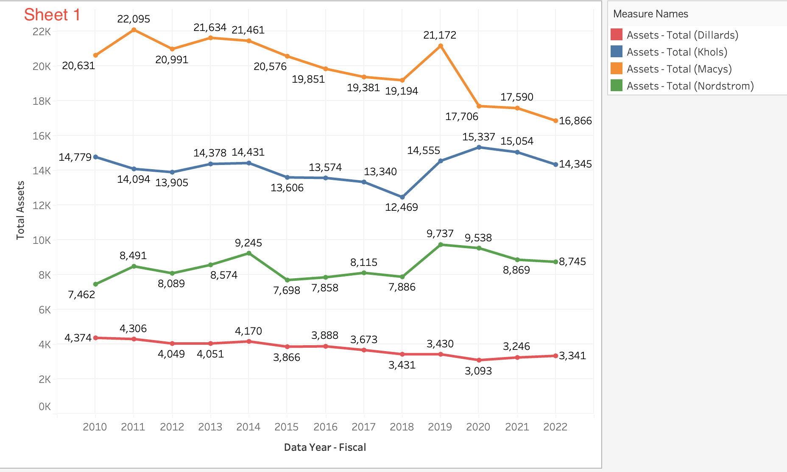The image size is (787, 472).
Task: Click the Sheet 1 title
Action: coord(52,15)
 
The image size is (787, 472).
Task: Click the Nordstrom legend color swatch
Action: coord(616,86)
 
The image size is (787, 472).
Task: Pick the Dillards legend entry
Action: coord(682,35)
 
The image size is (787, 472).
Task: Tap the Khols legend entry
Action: coord(677,52)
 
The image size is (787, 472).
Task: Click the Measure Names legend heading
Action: coord(650,14)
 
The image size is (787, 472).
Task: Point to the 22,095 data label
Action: coord(134,19)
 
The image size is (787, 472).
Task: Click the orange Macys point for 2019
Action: coord(441,46)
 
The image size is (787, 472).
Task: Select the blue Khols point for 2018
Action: coord(402,197)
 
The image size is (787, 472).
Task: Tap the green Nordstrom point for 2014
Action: coord(249,253)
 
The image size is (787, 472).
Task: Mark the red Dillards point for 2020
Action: coord(479,360)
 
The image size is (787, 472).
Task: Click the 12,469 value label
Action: coord(402,207)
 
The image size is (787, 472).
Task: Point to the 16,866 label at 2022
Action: coord(575,121)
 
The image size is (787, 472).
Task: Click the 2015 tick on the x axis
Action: coord(287,427)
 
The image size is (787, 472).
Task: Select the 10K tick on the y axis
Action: coord(42,240)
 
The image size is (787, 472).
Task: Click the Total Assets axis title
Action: coord(20,210)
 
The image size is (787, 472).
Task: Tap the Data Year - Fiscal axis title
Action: coord(325,447)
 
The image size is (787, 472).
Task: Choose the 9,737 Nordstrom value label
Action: coord(440,234)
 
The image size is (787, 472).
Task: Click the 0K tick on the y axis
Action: coord(45,407)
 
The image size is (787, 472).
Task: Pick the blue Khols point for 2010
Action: coord(95,157)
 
